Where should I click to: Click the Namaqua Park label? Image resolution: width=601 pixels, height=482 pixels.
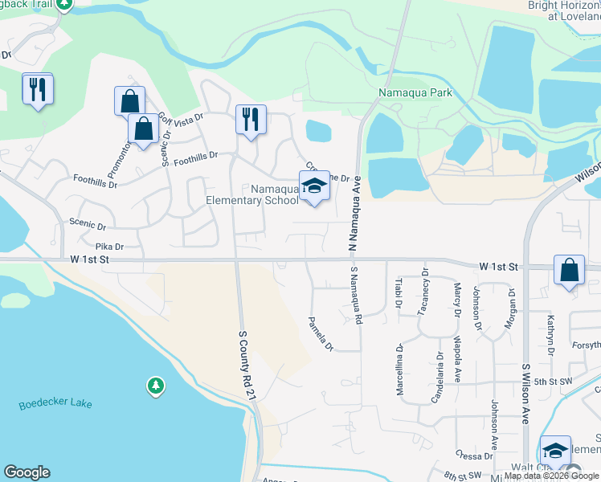point(415,92)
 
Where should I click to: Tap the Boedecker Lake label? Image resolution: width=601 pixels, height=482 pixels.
point(55,403)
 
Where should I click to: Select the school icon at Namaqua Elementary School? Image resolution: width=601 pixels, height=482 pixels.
point(314,187)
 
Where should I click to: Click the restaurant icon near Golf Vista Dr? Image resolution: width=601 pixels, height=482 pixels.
point(250,120)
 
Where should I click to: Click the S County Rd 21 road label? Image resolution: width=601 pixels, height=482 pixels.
point(247,365)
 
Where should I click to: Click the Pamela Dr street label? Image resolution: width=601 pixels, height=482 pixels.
point(321,333)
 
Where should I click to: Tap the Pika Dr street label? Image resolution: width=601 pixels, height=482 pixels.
point(109,247)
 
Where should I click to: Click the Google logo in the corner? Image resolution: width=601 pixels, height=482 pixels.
point(27,472)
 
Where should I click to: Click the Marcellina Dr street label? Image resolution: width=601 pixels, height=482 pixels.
point(399,370)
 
